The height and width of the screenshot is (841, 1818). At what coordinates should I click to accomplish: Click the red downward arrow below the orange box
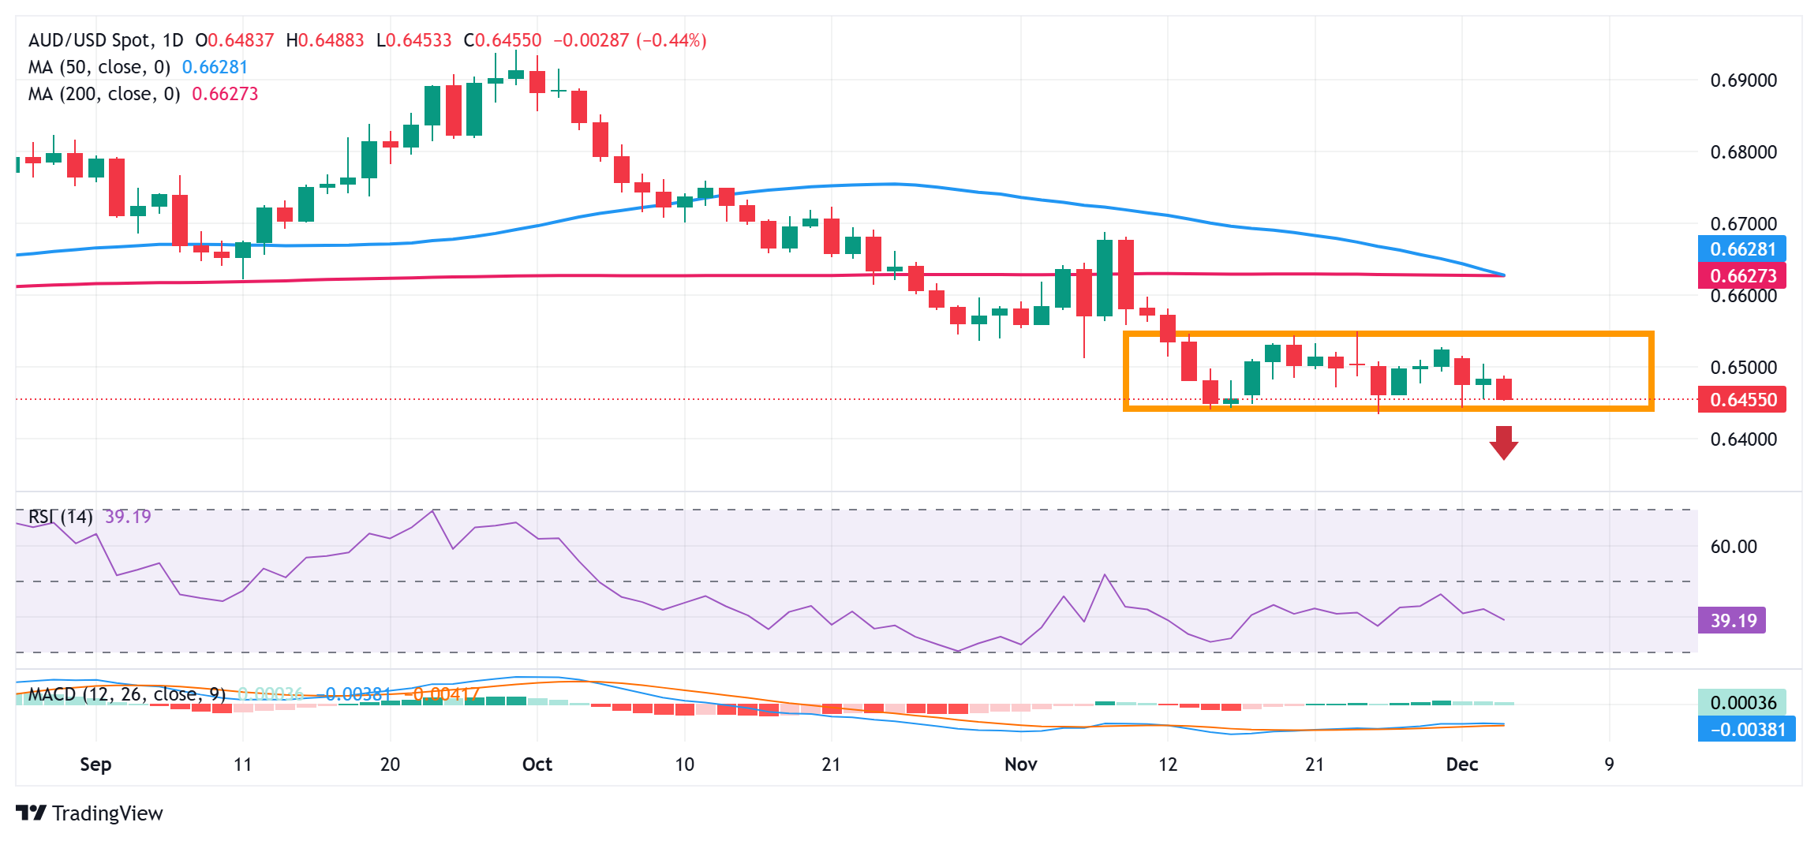tap(1503, 443)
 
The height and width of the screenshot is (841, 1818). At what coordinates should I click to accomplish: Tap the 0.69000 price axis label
tap(1743, 80)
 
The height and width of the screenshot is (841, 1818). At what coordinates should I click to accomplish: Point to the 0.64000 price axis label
tap(1743, 439)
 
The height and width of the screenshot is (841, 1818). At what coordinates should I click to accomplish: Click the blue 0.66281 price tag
tap(1742, 249)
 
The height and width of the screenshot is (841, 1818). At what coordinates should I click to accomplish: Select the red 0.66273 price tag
tap(1742, 276)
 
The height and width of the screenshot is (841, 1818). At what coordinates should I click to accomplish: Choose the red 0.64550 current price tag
tap(1742, 400)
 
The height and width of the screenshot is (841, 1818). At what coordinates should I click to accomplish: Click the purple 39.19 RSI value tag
tap(1733, 621)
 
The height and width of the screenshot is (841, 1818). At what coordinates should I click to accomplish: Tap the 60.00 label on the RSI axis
tap(1733, 547)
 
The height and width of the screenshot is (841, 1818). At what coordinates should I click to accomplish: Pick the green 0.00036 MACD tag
tap(1742, 703)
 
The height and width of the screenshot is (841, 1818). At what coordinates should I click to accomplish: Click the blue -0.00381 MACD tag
tap(1746, 730)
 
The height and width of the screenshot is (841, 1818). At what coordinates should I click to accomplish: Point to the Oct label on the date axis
tap(537, 764)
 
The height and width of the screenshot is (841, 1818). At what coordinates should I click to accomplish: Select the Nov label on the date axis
tap(1020, 764)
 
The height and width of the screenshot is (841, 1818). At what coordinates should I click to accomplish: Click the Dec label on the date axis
tap(1461, 764)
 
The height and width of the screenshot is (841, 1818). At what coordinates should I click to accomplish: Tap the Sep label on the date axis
tap(95, 764)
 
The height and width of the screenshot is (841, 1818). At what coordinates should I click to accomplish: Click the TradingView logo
tap(89, 813)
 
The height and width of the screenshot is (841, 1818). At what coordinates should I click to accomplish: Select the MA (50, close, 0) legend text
tap(99, 67)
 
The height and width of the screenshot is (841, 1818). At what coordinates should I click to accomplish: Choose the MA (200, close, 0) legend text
tap(104, 94)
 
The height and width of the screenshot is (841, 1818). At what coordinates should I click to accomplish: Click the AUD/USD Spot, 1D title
tap(106, 40)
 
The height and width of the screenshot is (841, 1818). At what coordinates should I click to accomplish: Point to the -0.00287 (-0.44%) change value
tap(630, 40)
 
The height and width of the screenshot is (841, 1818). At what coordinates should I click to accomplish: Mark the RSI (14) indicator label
tap(61, 517)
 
